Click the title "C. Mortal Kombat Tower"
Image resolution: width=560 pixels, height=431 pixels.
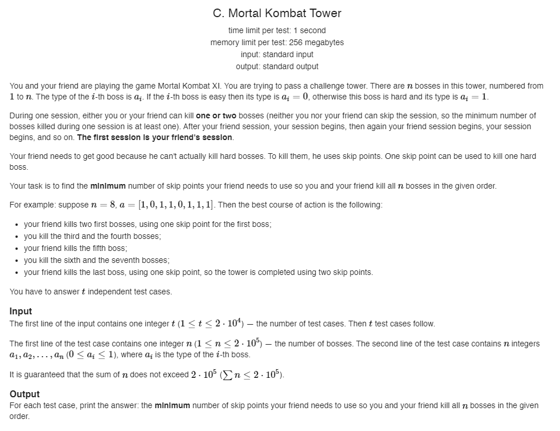(277, 13)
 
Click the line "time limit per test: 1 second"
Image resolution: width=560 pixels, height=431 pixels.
(277, 30)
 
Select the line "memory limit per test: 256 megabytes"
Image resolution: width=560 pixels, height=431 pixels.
(277, 42)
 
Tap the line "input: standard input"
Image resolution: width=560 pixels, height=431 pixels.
(277, 54)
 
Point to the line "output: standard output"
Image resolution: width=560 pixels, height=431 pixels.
(277, 66)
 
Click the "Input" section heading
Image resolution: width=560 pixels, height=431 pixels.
(21, 312)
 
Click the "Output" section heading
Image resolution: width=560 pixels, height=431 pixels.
(25, 394)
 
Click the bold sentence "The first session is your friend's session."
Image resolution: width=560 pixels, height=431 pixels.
(154, 137)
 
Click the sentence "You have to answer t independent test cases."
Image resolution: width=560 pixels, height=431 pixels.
(91, 292)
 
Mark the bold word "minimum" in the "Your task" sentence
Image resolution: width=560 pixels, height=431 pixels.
(108, 186)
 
